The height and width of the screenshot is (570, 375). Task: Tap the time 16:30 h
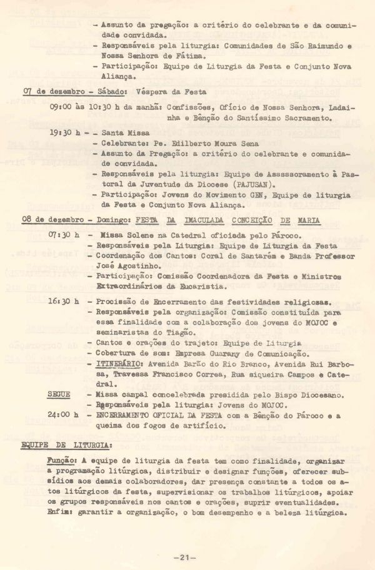click(x=64, y=301)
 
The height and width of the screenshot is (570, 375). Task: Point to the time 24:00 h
click(x=64, y=415)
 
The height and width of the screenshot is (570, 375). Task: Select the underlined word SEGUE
click(x=59, y=395)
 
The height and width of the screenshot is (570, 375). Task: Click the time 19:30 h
click(x=64, y=133)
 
